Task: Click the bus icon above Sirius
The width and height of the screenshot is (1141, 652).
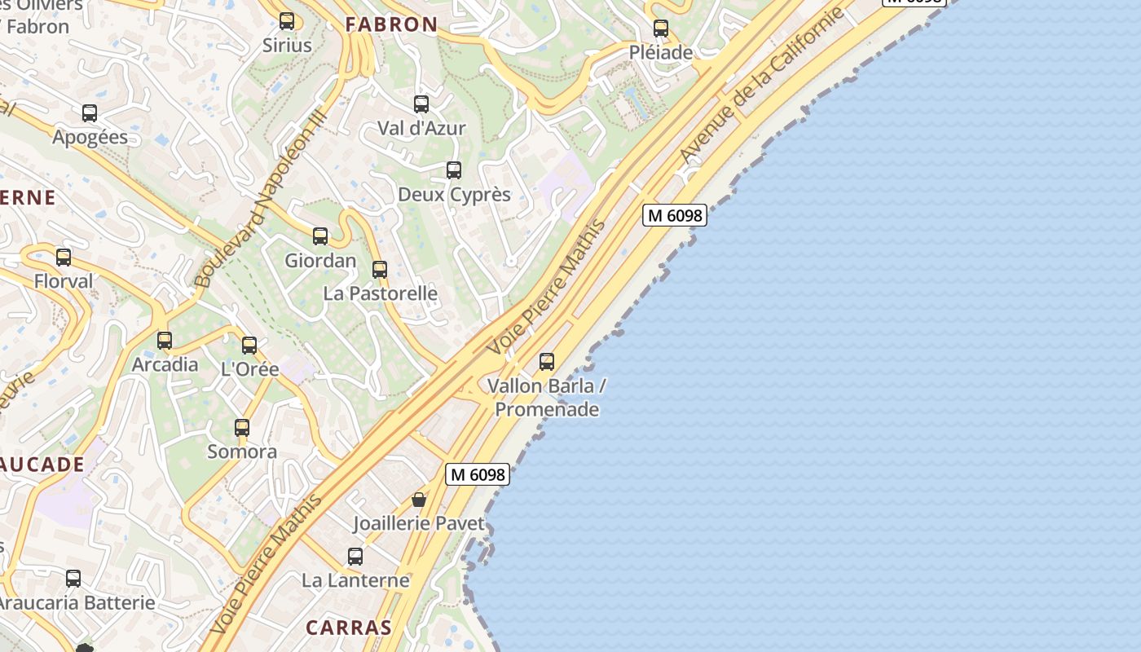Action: point(287,21)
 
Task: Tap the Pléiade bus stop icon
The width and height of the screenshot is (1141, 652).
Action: point(661,29)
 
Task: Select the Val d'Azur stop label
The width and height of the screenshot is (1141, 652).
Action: point(421,128)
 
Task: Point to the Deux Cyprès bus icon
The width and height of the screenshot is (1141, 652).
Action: point(454,170)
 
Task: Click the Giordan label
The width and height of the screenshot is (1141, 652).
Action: point(320,261)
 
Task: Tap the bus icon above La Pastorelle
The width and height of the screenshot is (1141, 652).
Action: point(380,270)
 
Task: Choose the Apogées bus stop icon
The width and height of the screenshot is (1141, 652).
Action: point(90,113)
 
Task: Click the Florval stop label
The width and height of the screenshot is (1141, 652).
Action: point(64,281)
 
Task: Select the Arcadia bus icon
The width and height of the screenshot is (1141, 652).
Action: point(165,341)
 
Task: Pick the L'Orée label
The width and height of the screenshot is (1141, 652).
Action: point(250,369)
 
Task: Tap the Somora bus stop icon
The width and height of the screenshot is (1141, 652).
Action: point(242,428)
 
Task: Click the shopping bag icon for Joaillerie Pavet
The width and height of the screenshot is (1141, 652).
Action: point(419,500)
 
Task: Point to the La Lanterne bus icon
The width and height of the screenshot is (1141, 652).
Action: point(355,557)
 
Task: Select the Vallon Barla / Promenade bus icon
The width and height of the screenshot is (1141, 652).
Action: point(547,361)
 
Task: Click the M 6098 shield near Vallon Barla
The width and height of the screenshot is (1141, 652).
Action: point(674,215)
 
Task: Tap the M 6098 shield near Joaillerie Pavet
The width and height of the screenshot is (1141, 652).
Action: point(478,474)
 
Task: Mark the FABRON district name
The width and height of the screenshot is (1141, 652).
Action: point(391,24)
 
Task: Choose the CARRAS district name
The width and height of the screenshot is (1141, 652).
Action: point(349,628)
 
